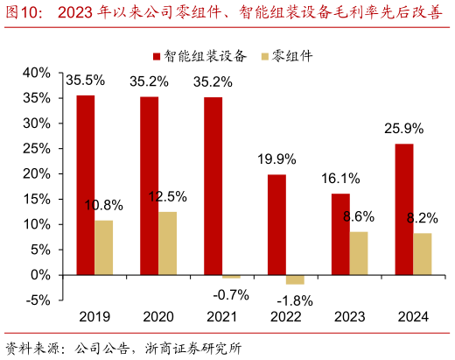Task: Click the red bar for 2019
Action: (85, 185)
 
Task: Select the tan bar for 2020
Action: (168, 243)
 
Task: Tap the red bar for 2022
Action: (276, 224)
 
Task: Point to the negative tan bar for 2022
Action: (296, 279)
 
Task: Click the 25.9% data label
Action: (404, 129)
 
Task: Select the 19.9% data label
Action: (276, 159)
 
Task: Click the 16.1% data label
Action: (340, 179)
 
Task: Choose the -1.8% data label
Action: (299, 299)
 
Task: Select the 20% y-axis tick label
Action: (36, 173)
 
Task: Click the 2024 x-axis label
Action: (412, 317)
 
